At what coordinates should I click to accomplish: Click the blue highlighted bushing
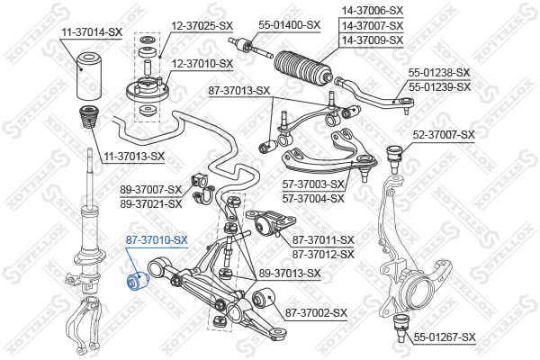[x=137, y=281]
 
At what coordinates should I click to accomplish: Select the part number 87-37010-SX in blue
[x=157, y=240]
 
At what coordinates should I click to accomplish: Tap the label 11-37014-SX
[x=92, y=32]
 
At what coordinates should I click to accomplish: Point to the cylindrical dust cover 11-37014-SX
[x=88, y=76]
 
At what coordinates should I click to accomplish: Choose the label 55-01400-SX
[x=289, y=25]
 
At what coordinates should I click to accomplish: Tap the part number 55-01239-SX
[x=439, y=87]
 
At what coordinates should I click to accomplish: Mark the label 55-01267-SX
[x=445, y=337]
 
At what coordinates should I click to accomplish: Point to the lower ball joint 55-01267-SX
[x=400, y=328]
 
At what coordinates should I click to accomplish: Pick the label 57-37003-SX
[x=313, y=184]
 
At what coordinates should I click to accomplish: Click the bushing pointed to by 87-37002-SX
[x=264, y=299]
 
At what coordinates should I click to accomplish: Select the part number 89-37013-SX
[x=290, y=274]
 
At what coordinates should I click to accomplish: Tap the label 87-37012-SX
[x=323, y=255]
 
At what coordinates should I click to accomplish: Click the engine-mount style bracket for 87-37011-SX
[x=271, y=222]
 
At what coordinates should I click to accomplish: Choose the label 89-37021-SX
[x=151, y=204]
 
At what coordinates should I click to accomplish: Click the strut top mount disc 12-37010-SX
[x=148, y=90]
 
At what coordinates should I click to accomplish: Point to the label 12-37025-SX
[x=202, y=25]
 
